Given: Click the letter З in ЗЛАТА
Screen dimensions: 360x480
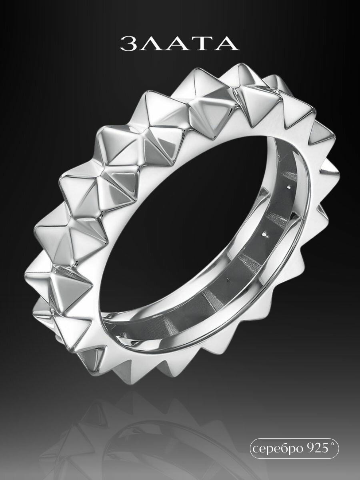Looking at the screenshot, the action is pyautogui.click(x=129, y=44).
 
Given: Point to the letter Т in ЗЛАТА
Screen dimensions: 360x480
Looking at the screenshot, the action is pyautogui.click(x=201, y=44).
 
